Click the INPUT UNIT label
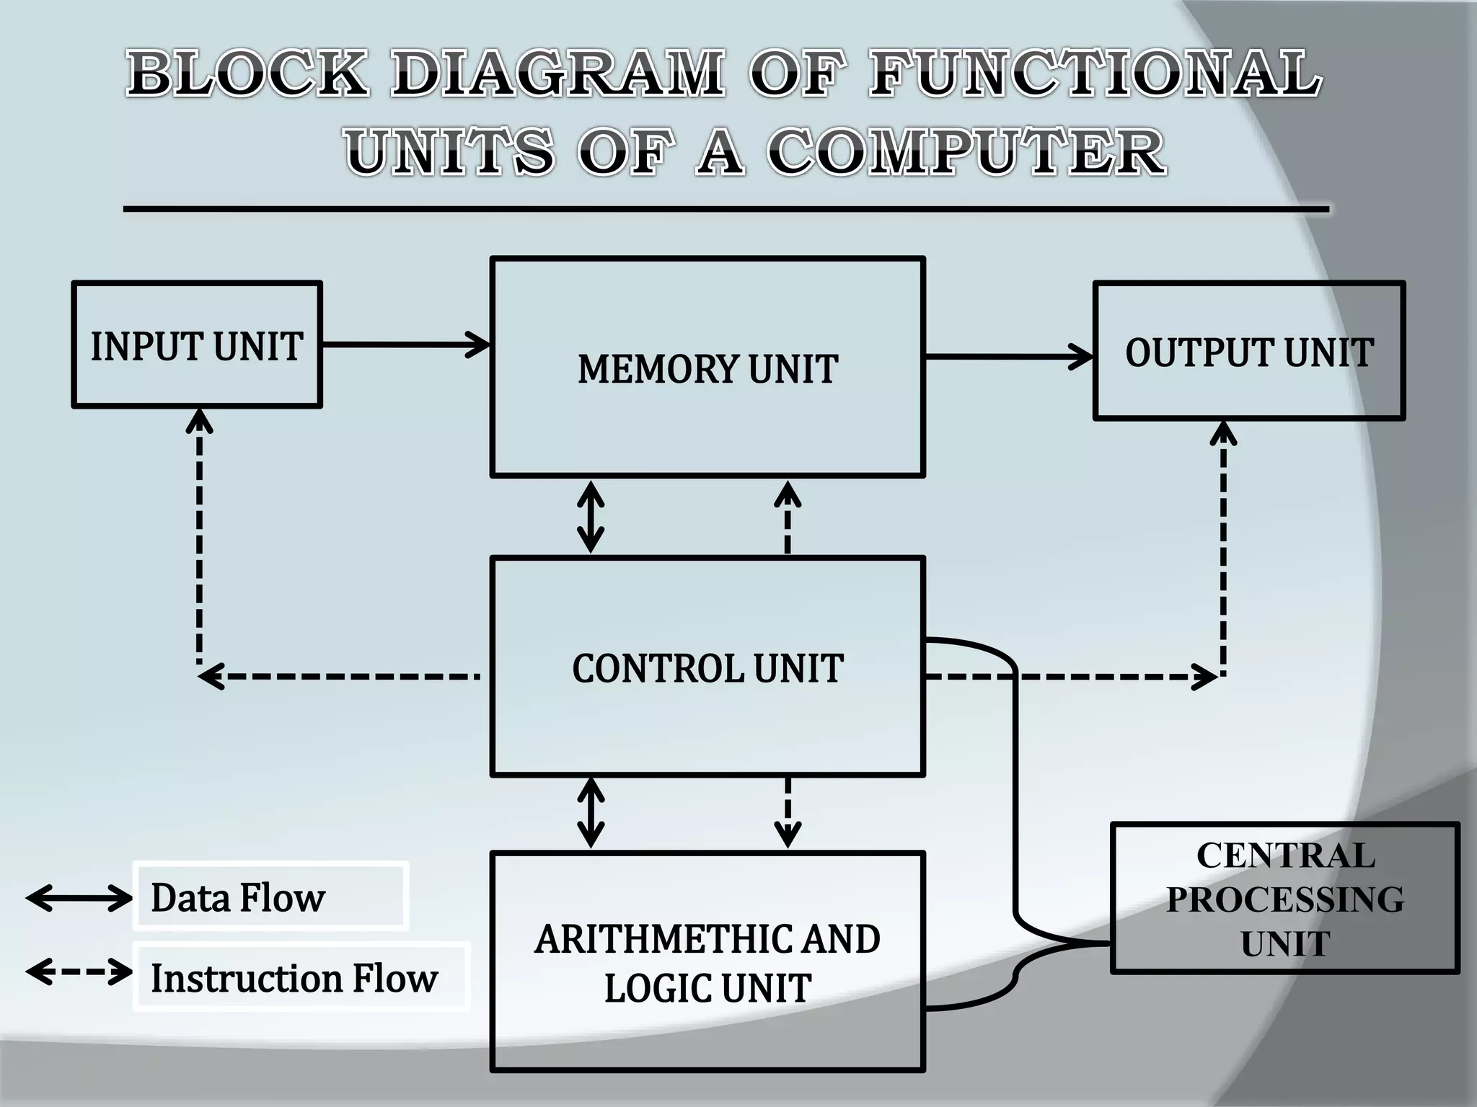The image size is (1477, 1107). [196, 347]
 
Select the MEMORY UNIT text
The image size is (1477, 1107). [707, 369]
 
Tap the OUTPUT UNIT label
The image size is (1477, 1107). [1249, 352]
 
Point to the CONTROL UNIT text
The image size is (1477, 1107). [707, 668]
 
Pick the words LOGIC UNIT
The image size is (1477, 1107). [707, 987]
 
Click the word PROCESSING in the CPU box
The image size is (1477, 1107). [1285, 899]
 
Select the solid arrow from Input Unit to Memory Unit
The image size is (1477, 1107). [406, 344]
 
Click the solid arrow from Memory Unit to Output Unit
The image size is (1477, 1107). [1008, 356]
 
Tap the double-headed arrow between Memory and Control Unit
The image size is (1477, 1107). [591, 517]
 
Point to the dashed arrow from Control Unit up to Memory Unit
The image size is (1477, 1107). [787, 517]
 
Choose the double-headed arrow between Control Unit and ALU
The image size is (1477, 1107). [591, 813]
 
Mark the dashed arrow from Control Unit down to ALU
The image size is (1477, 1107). [787, 813]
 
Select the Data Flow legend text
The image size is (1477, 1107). [238, 898]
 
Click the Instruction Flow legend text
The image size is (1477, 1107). [294, 978]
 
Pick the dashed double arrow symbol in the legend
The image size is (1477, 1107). [79, 972]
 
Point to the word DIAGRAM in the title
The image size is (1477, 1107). [557, 73]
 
